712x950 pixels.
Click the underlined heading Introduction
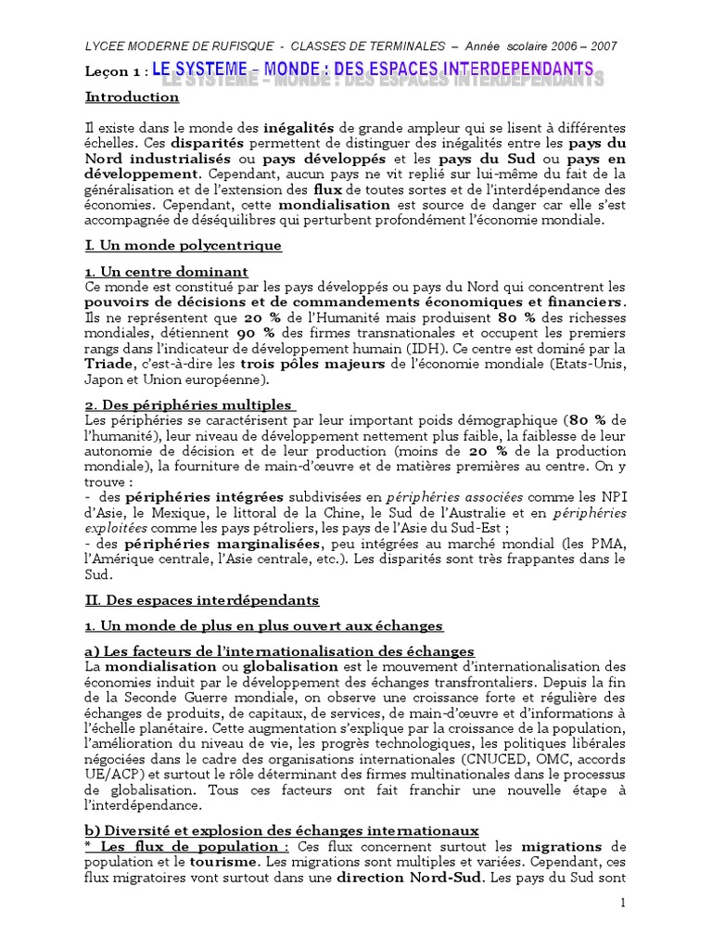click(133, 96)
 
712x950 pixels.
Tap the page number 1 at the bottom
click(623, 904)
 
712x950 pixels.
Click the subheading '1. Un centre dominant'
click(167, 272)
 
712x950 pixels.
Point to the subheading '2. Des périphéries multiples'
click(189, 404)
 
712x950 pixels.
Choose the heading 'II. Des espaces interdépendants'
click(202, 600)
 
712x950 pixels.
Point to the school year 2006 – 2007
click(584, 46)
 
